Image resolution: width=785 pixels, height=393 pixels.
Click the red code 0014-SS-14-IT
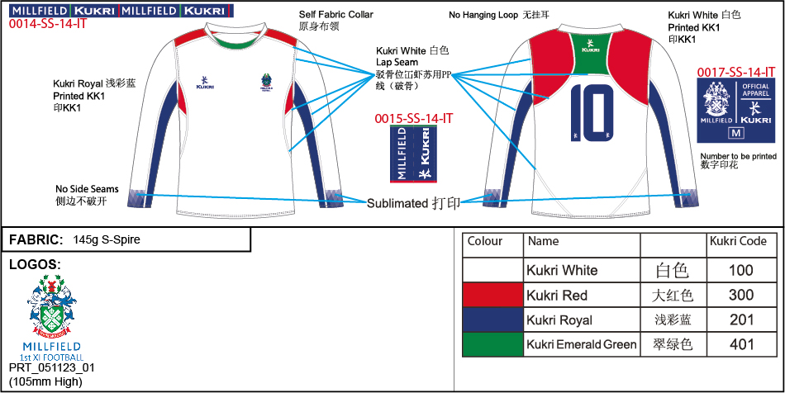(47, 25)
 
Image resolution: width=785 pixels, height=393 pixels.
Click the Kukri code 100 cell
(741, 270)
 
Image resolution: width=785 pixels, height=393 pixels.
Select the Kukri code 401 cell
(741, 344)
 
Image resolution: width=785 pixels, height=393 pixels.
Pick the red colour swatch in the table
(493, 295)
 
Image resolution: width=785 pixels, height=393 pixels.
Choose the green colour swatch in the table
(493, 344)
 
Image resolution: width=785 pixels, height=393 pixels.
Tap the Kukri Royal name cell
(559, 320)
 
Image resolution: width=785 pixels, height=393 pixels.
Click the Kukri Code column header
(738, 242)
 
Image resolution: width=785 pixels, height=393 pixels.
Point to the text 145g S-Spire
(106, 240)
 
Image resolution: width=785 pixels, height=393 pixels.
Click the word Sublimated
(397, 202)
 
